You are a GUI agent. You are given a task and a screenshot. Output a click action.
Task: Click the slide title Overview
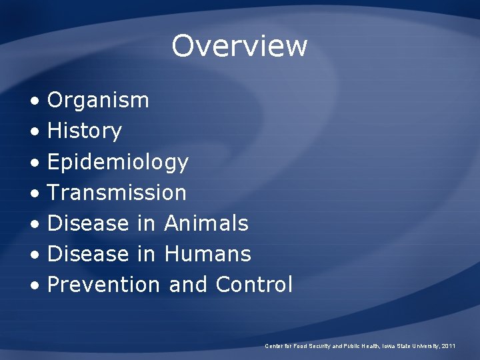(x=239, y=46)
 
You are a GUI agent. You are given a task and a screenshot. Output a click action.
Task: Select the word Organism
(x=98, y=101)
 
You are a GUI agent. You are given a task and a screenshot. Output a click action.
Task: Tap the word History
(x=84, y=131)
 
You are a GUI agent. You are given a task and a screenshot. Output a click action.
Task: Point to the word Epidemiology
(x=118, y=162)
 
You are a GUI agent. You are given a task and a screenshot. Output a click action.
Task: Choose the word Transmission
(x=117, y=193)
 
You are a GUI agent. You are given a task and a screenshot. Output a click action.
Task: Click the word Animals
(x=205, y=223)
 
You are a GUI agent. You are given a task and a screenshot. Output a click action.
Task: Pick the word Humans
(x=207, y=254)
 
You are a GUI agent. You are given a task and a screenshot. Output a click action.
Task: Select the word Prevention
(x=103, y=285)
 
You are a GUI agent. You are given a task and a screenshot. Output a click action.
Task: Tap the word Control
(x=254, y=285)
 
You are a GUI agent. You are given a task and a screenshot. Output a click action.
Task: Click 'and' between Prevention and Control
(x=188, y=285)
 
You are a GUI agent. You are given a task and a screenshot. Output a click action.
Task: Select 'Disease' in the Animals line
(x=87, y=223)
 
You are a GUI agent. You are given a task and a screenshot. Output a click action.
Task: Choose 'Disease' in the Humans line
(x=87, y=254)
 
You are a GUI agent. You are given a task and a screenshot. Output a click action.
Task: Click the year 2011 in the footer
(x=449, y=346)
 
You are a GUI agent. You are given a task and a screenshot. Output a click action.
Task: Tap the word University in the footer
(x=424, y=346)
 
